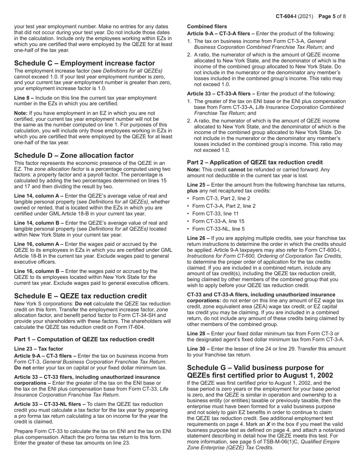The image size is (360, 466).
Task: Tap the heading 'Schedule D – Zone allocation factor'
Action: (x=74, y=155)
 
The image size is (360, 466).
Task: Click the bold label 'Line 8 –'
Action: (x=24, y=98)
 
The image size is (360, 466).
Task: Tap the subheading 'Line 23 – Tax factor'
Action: (x=39, y=349)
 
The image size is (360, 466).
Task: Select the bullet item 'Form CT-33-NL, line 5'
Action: (x=219, y=229)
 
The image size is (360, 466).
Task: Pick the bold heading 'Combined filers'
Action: (x=207, y=27)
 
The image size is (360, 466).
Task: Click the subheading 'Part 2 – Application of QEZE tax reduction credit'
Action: (x=255, y=162)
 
